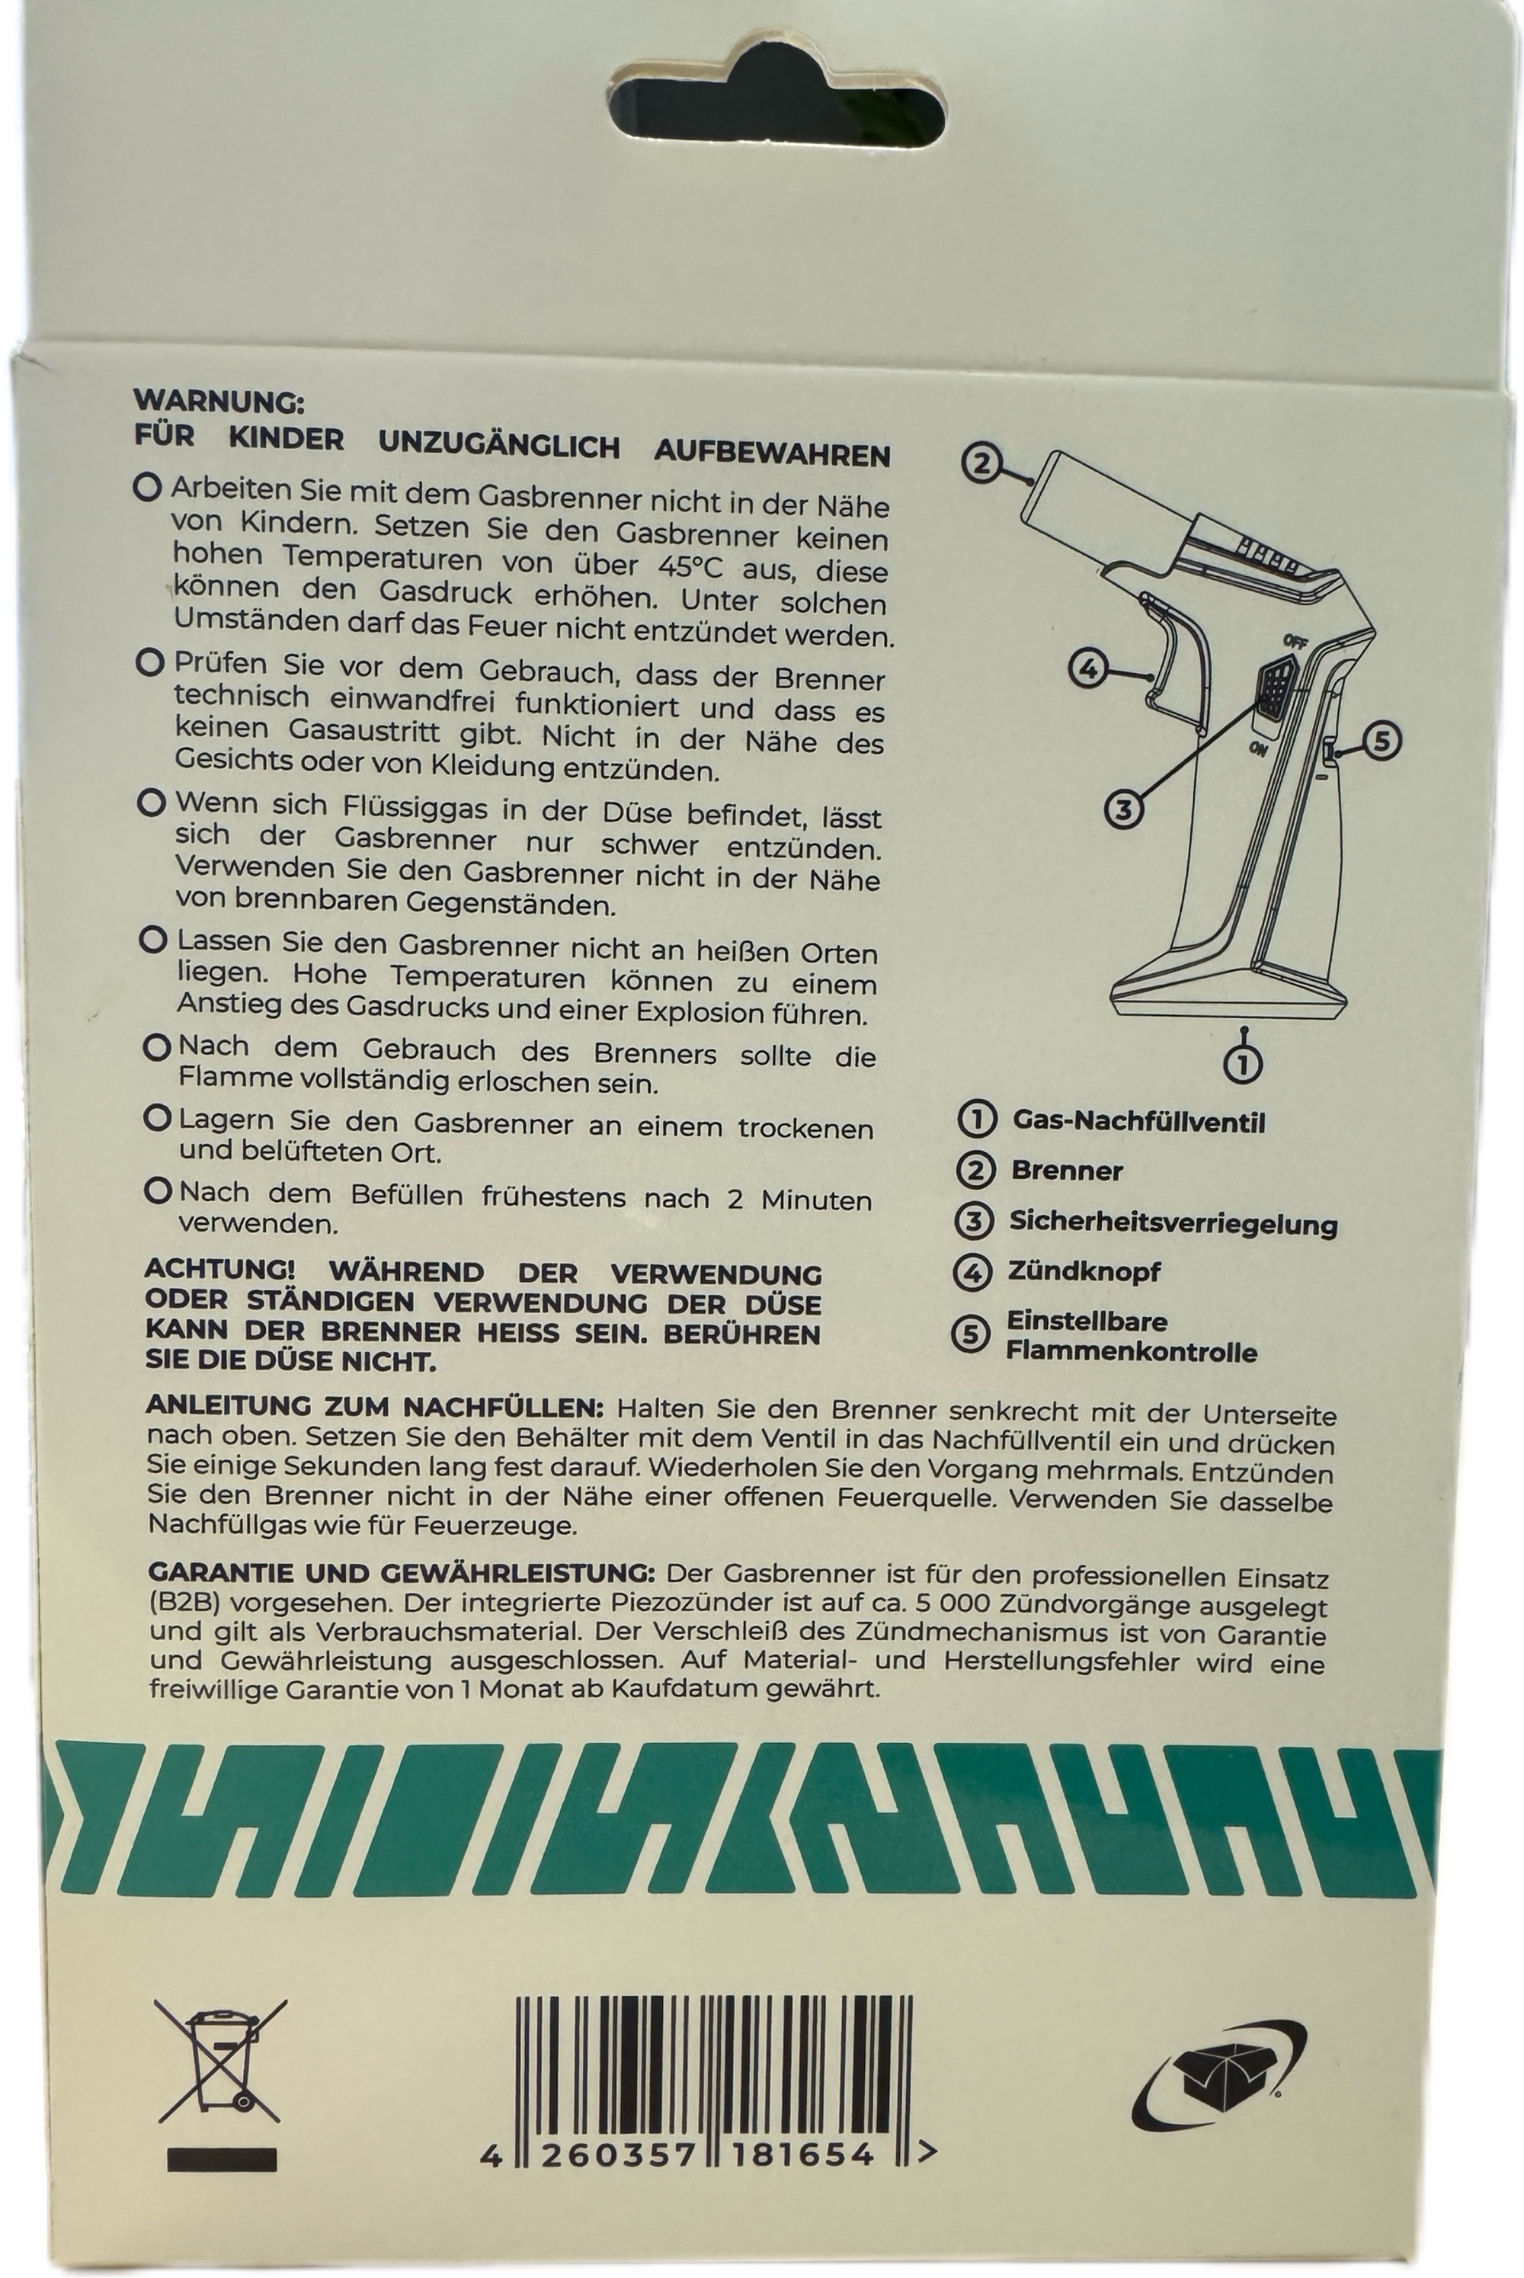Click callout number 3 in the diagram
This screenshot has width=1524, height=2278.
tap(1123, 809)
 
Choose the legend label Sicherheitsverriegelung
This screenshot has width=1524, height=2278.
tap(1173, 1222)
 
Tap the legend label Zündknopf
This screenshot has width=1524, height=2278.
tap(1084, 1272)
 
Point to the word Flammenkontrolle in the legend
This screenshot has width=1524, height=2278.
tap(1132, 1352)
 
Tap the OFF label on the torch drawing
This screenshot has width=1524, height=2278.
tap(1294, 640)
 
